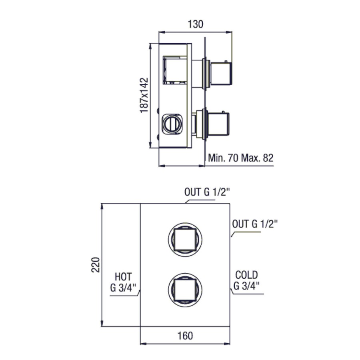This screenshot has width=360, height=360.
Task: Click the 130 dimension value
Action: pyautogui.click(x=195, y=24)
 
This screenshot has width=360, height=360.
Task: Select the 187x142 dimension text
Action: pyautogui.click(x=144, y=96)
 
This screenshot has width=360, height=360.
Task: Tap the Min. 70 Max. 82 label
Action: pyautogui.click(x=241, y=158)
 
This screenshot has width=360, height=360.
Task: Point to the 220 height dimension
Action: pyautogui.click(x=96, y=265)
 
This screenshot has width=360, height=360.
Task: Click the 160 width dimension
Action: pyautogui.click(x=185, y=336)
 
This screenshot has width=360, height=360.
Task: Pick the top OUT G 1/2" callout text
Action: pyautogui.click(x=207, y=192)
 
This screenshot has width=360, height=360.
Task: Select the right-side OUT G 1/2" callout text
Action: pyautogui.click(x=255, y=224)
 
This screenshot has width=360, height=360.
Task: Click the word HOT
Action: pyautogui.click(x=123, y=277)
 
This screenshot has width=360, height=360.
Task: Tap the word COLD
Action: pyautogui.click(x=246, y=275)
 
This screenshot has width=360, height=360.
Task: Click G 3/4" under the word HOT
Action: pyautogui.click(x=123, y=288)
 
